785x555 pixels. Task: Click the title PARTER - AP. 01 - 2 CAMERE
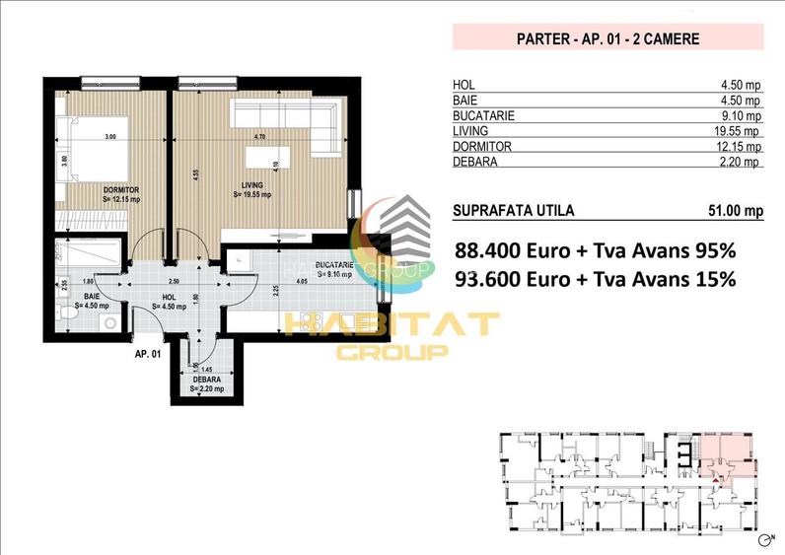[x=607, y=39]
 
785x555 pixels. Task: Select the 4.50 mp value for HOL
[x=741, y=85]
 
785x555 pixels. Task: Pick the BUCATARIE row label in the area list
[x=484, y=115]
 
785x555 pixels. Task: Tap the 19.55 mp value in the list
[x=738, y=131]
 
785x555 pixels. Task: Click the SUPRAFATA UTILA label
[x=512, y=210]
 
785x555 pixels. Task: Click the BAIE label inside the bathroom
[x=92, y=296]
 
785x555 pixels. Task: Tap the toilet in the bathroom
[x=64, y=314]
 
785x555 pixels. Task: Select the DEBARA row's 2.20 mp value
[x=741, y=162]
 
